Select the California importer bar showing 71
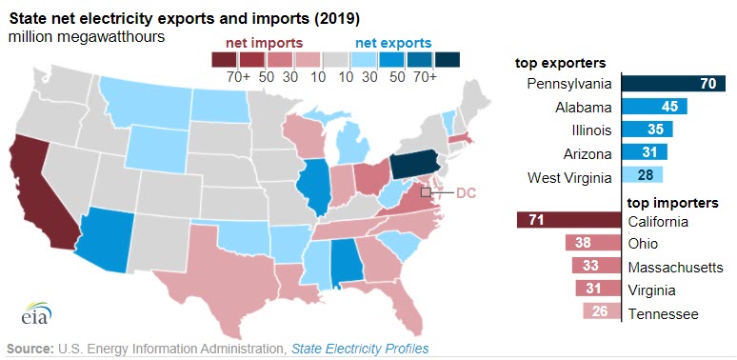click(568, 221)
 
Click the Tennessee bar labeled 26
click(601, 312)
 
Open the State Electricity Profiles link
click(360, 349)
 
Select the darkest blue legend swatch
click(448, 60)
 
